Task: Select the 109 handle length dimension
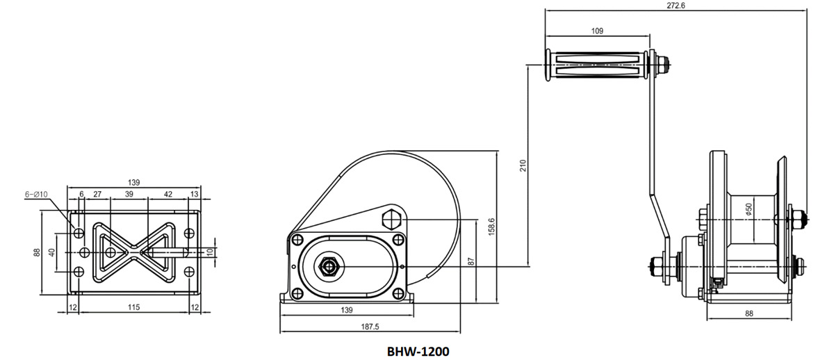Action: (596, 31)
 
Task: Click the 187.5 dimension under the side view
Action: (370, 327)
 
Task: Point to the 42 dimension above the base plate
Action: (167, 195)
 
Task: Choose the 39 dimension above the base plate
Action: (129, 195)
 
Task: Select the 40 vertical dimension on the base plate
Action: (51, 252)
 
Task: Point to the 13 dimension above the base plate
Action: (194, 195)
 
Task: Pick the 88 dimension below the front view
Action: (749, 314)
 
